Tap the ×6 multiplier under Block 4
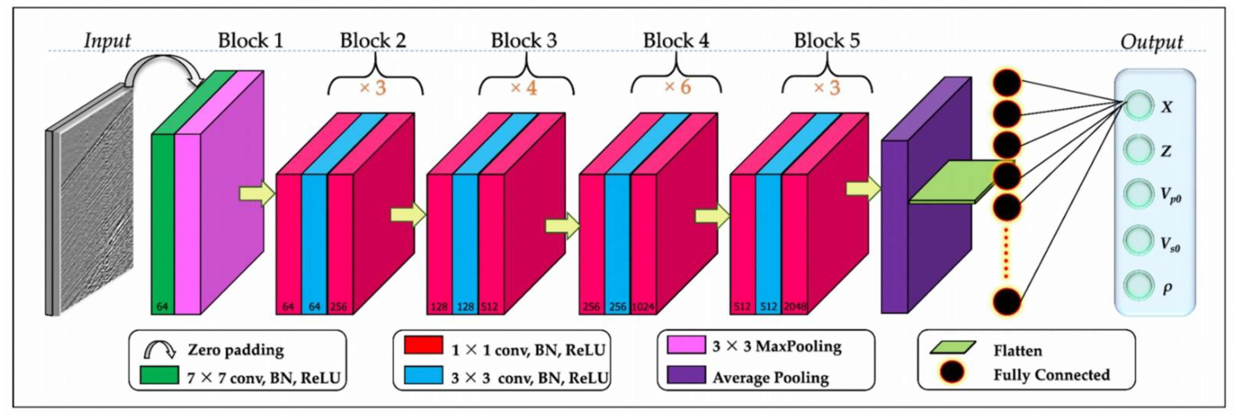[x=677, y=87]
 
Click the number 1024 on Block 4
[x=643, y=306]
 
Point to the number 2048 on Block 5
[x=795, y=306]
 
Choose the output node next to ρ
[x=1138, y=285]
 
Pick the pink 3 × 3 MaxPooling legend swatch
[x=686, y=345]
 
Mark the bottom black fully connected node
[x=1007, y=302]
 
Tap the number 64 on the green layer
[x=162, y=306]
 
